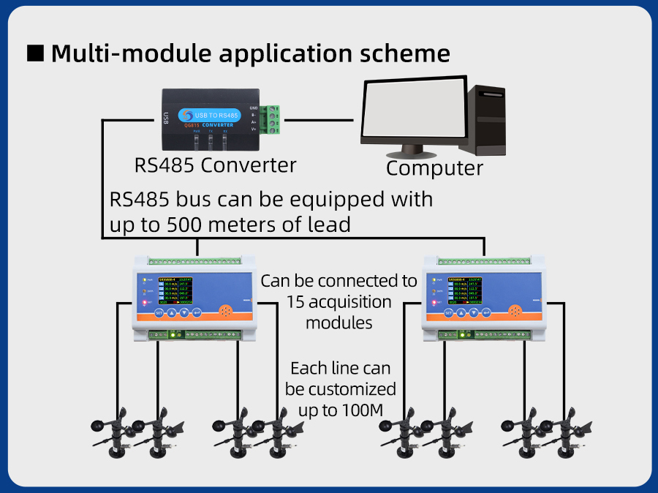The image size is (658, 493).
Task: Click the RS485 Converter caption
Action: [216, 165]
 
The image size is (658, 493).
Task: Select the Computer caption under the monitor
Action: [434, 168]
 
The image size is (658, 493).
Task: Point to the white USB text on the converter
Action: [167, 117]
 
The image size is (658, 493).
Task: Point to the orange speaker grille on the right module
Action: [517, 312]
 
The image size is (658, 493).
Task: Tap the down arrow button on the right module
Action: [475, 312]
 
